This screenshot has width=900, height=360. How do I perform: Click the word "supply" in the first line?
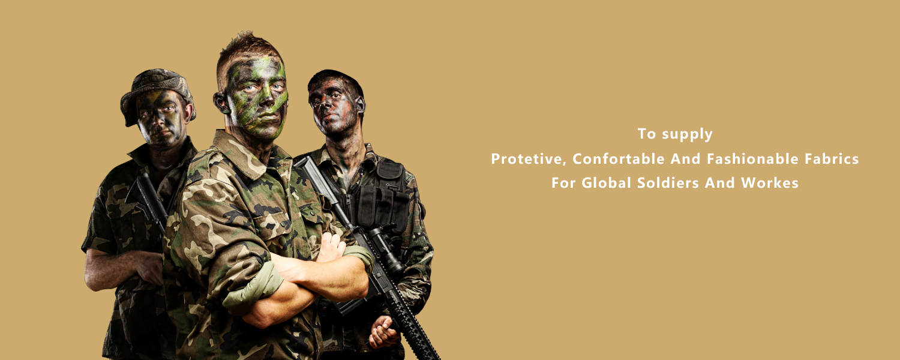pyautogui.click(x=688, y=134)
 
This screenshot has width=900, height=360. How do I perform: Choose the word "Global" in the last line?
pyautogui.click(x=606, y=183)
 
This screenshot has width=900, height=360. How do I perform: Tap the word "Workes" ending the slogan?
pyautogui.click(x=770, y=183)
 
